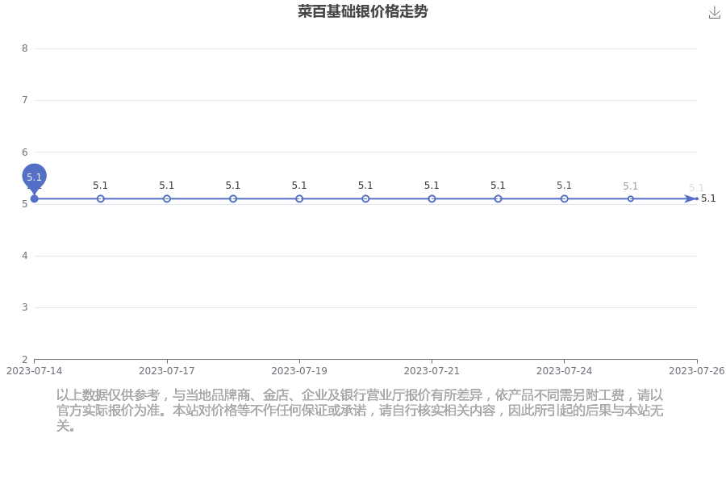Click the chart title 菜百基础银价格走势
point(362,11)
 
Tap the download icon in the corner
point(715,13)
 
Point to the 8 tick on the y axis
point(25,48)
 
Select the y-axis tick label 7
point(25,100)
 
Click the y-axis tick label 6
point(25,152)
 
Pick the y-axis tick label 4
point(25,256)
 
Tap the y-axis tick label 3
point(25,307)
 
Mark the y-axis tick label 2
point(25,360)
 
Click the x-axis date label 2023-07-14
point(34,371)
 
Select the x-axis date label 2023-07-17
point(167,371)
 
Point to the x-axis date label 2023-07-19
point(299,371)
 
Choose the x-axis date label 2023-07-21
point(432,371)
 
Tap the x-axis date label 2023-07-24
point(564,371)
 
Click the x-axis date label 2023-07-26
point(697,371)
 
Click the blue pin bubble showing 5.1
point(34,177)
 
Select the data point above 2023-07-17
point(167,198)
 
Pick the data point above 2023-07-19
point(299,198)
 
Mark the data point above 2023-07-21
point(432,198)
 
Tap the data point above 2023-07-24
point(564,198)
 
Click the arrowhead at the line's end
point(691,198)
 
